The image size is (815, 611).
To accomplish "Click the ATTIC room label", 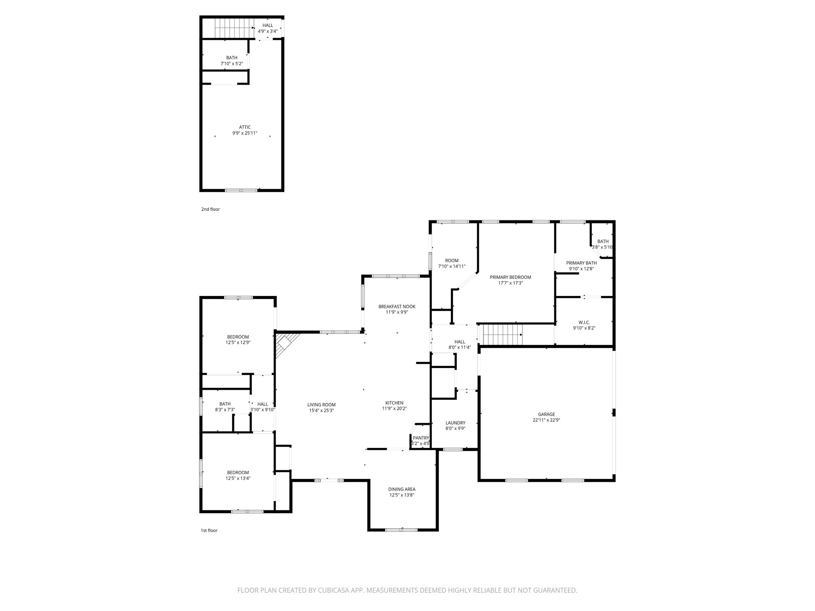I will pyautogui.click(x=245, y=127).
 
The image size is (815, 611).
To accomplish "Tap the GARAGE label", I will pyautogui.click(x=546, y=414).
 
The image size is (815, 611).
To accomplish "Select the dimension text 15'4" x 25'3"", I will pyautogui.click(x=320, y=410).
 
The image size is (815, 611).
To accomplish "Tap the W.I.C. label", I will pyautogui.click(x=584, y=322).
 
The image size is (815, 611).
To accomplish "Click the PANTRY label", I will pyautogui.click(x=421, y=438).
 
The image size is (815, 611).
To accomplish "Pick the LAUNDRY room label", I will pyautogui.click(x=455, y=423).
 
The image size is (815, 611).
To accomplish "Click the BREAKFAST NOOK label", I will pyautogui.click(x=397, y=306).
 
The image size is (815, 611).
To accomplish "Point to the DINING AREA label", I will pyautogui.click(x=402, y=489).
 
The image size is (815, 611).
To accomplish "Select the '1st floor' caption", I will pyautogui.click(x=209, y=530).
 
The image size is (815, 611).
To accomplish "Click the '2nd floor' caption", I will pyautogui.click(x=210, y=209).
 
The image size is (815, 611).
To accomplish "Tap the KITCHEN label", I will pyautogui.click(x=394, y=403).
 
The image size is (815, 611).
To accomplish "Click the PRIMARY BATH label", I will pyautogui.click(x=581, y=263).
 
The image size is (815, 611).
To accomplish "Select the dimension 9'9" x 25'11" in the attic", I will pyautogui.click(x=245, y=133).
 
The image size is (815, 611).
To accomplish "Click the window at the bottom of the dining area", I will pyautogui.click(x=401, y=529).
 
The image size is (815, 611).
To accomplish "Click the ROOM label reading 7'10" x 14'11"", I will pyautogui.click(x=452, y=261).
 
